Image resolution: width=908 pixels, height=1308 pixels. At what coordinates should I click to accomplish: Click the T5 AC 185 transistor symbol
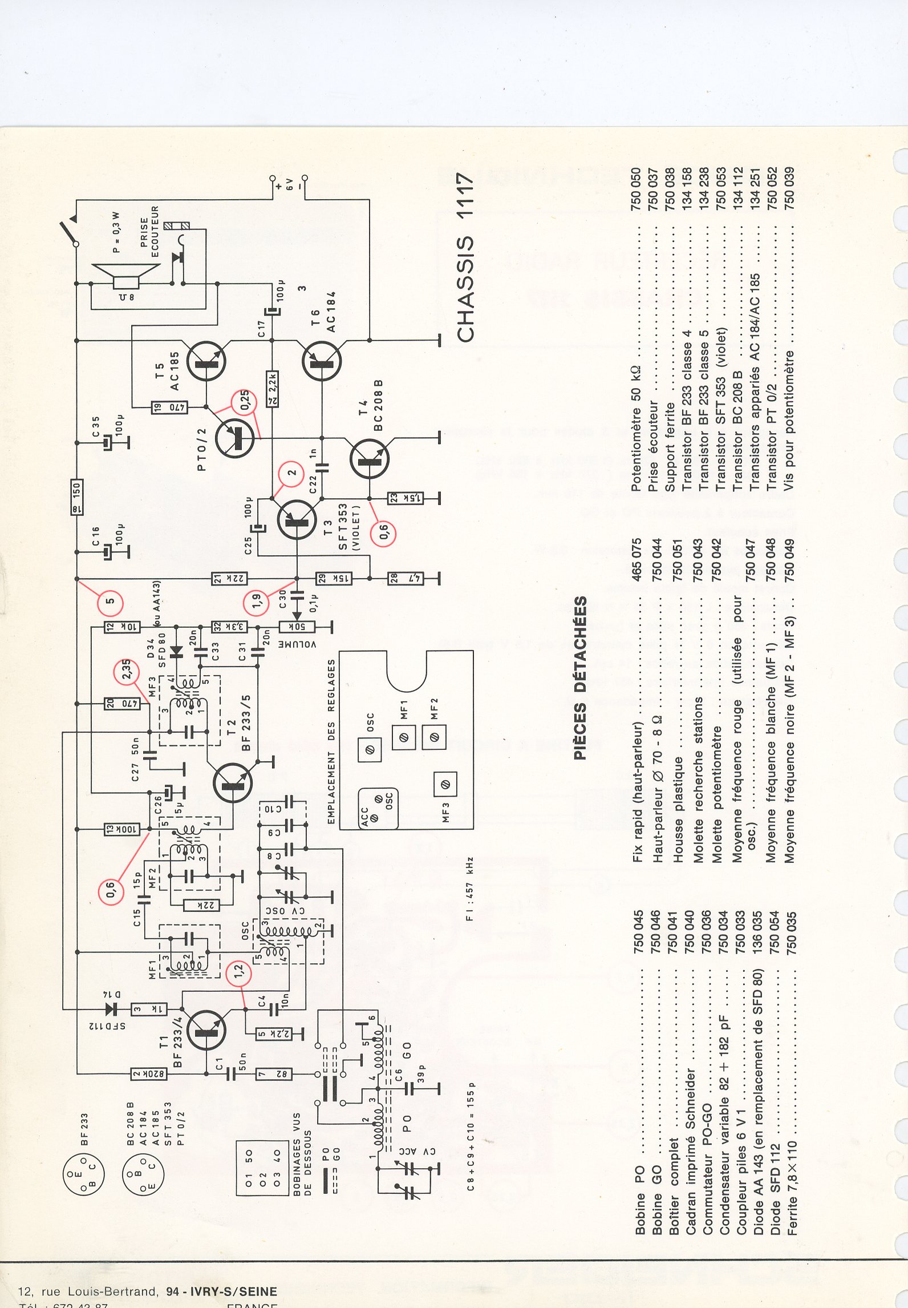206,361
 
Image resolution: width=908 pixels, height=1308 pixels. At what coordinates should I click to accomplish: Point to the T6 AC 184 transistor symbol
321,361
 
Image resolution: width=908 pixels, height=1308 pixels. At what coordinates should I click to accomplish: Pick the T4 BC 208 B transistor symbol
370,458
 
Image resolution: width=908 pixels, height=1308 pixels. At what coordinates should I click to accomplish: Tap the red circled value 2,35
127,671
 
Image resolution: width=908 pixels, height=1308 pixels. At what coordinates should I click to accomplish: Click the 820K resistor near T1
149,1073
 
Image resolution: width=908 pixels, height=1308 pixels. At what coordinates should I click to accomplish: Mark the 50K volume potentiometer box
297,627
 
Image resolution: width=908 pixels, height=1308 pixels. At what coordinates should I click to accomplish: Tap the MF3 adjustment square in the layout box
445,785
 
